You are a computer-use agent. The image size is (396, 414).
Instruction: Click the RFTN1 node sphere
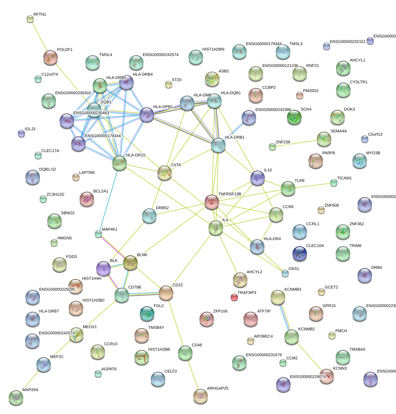point(30,19)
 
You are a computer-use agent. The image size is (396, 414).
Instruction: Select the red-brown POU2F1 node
point(50,57)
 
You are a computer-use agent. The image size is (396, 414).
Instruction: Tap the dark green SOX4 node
point(294,117)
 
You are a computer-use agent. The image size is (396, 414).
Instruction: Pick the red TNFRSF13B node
point(212,202)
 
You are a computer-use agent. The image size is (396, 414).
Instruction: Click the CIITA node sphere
point(165,172)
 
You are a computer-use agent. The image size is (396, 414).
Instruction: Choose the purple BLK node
point(103,268)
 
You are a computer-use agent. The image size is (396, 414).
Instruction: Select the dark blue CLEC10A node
point(300,254)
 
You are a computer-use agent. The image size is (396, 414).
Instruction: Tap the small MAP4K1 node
point(98,234)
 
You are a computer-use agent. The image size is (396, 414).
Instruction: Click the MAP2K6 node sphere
point(16,398)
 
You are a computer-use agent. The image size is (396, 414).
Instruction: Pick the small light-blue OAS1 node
point(285,273)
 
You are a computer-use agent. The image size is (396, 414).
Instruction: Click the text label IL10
point(268,170)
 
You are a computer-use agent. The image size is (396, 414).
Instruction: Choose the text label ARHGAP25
point(218,388)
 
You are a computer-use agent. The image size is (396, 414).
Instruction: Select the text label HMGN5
point(65,238)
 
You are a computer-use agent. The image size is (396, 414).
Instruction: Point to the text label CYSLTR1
point(359,82)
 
